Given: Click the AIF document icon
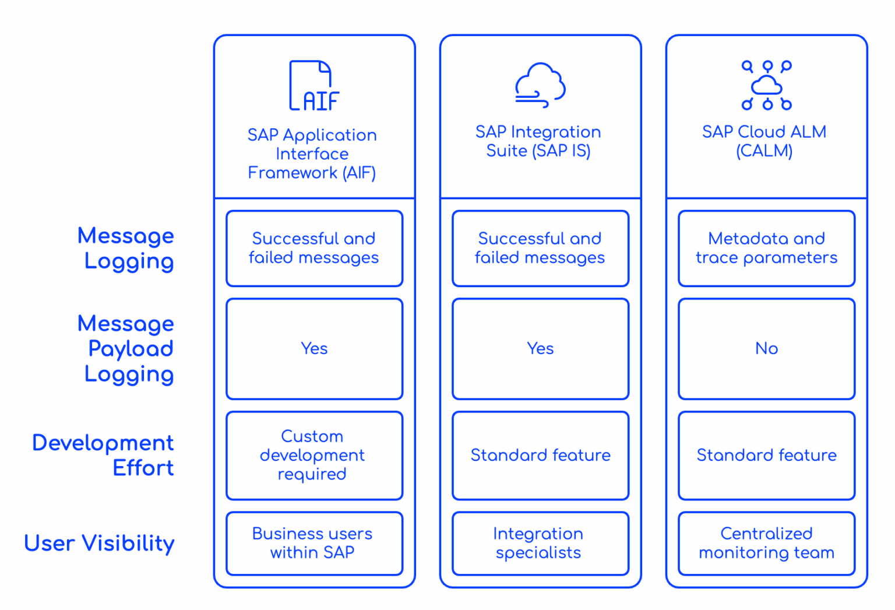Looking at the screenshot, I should [313, 86].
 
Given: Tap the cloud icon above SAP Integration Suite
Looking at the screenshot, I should [540, 85].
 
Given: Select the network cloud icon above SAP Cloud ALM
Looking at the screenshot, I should [766, 85].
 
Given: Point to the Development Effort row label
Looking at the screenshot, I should [104, 455].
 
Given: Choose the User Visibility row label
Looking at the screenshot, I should [99, 543].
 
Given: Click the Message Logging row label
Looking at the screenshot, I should [126, 248].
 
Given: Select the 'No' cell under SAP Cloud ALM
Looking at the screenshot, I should [766, 348].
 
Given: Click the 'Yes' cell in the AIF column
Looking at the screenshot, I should [314, 348].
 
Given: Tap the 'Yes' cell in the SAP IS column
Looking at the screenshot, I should [540, 348].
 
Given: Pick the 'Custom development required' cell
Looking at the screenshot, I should [314, 455].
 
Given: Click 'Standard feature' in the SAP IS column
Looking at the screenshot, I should [540, 455].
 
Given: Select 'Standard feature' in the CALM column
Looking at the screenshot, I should [766, 455].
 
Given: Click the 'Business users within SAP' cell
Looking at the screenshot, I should [314, 543].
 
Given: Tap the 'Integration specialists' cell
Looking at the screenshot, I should [540, 543].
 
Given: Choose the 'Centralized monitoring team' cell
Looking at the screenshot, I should [766, 543].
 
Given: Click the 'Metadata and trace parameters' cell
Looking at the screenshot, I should [766, 248].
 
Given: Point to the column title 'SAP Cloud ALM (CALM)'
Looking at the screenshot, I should [764, 141].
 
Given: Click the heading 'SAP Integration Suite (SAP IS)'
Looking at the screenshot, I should [538, 141].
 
